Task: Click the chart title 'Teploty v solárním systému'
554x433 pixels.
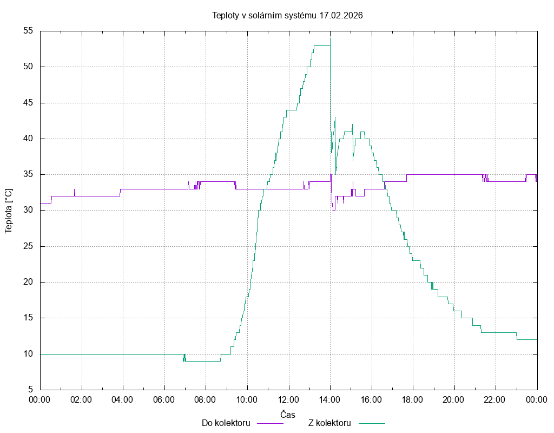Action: pos(264,15)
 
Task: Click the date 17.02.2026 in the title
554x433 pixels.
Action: pos(341,15)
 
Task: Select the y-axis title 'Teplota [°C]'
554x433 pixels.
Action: pos(9,211)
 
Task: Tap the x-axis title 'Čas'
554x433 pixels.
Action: pos(288,414)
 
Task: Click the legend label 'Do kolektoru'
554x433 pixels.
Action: pos(226,423)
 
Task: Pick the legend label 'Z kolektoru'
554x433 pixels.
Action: pos(330,423)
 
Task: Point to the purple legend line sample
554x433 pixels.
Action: pos(269,423)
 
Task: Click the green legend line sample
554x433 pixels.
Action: pos(371,423)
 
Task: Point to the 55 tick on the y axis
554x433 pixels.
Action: pos(29,31)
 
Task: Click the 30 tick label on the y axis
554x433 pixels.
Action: pos(29,211)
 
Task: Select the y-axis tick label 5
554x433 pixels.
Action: pos(31,390)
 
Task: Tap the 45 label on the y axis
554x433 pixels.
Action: pos(29,103)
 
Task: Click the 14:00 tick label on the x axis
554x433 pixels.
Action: pos(330,399)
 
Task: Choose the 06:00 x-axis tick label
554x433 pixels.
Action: pos(164,399)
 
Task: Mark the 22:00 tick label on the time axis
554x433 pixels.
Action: pos(496,399)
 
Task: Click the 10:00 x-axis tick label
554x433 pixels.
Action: pos(247,399)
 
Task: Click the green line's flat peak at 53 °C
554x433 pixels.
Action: pos(321,45)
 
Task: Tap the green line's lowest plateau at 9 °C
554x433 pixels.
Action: pos(203,361)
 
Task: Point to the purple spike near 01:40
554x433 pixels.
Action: pos(75,191)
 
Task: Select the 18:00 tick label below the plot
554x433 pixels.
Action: pos(413,399)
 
